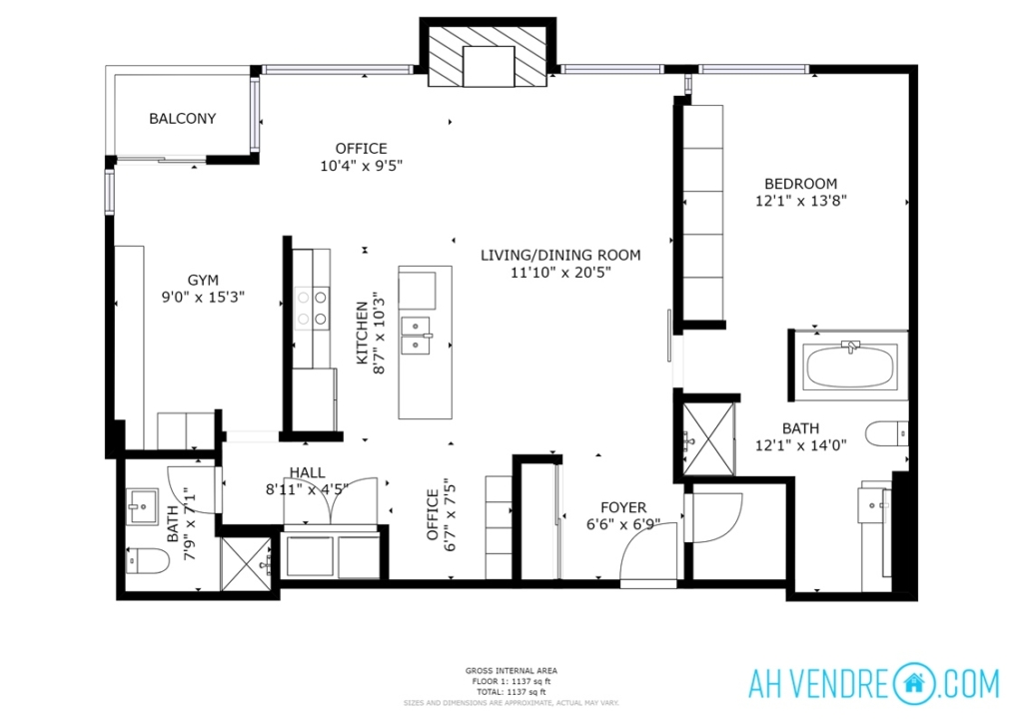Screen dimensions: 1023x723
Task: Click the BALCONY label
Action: click(x=182, y=119)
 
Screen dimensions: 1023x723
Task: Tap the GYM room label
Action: click(x=203, y=281)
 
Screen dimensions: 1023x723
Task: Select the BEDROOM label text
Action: click(x=800, y=184)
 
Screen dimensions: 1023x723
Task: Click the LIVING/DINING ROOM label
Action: click(x=560, y=255)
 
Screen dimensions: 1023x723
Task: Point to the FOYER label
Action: click(x=623, y=507)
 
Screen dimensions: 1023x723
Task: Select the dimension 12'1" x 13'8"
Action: click(x=800, y=201)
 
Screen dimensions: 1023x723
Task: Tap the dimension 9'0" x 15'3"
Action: click(x=203, y=298)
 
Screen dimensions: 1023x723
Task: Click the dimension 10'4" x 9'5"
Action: click(x=361, y=166)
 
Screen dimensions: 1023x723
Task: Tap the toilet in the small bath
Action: click(x=147, y=560)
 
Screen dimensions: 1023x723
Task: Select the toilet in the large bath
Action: click(x=887, y=433)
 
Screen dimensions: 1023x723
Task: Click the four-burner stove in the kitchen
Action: click(x=312, y=309)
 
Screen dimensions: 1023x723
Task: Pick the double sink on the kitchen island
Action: click(x=417, y=336)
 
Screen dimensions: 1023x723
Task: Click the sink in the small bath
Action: click(x=142, y=507)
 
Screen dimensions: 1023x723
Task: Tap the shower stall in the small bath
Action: click(x=246, y=564)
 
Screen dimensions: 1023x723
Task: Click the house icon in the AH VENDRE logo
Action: click(x=915, y=683)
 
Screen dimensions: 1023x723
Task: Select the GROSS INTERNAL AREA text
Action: click(x=511, y=670)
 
